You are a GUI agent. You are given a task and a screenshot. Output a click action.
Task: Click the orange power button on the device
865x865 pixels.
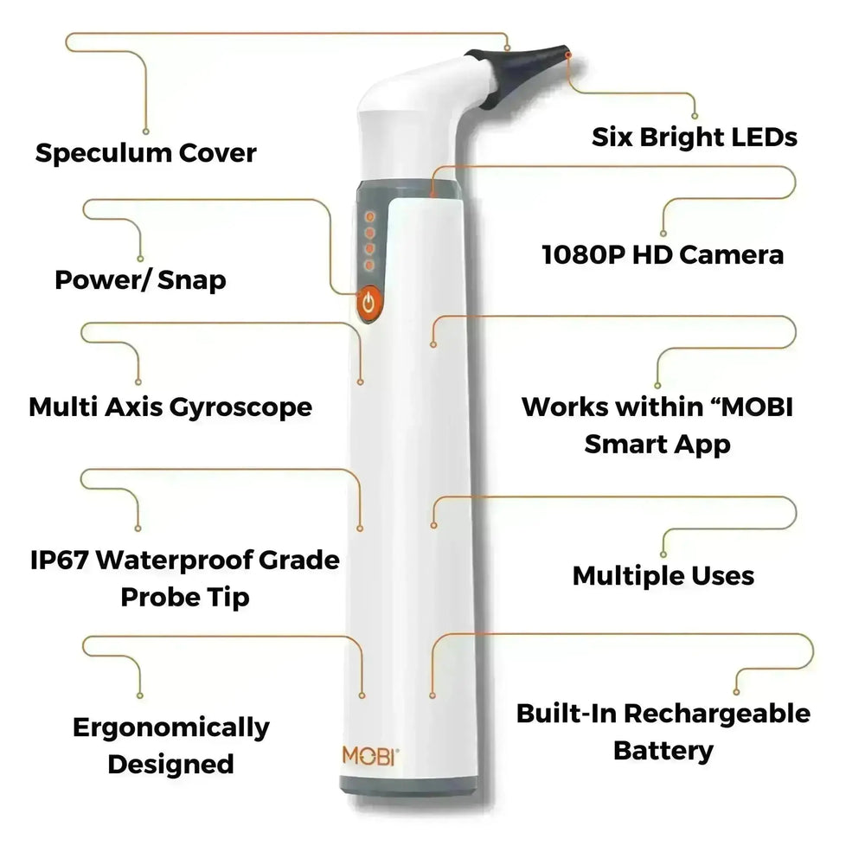pos(369,303)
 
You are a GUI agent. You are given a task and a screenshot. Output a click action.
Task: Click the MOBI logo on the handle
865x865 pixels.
pos(369,754)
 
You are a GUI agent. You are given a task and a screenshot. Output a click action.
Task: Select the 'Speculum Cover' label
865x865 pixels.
pos(145,153)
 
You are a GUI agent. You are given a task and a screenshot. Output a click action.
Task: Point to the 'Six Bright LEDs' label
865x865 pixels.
pos(694,136)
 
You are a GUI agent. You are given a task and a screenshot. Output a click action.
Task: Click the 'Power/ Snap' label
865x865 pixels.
pos(140,279)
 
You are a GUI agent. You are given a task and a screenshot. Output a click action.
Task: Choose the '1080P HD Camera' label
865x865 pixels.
pos(663,254)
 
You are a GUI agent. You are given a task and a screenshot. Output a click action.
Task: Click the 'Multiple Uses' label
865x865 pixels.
pos(663,575)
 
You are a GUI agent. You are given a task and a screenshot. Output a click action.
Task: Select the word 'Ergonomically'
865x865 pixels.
pos(171,727)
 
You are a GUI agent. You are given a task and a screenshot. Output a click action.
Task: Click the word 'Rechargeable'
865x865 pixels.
pos(718,714)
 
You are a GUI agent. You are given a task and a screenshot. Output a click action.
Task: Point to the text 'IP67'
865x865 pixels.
pos(58,560)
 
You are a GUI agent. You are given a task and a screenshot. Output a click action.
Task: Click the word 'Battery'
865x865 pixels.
pos(663,750)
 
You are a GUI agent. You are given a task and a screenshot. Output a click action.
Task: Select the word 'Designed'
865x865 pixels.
pos(171,764)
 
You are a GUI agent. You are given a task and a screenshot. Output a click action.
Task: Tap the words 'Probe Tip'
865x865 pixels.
pos(185,596)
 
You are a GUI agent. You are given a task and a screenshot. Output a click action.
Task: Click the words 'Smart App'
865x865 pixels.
pos(657,444)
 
